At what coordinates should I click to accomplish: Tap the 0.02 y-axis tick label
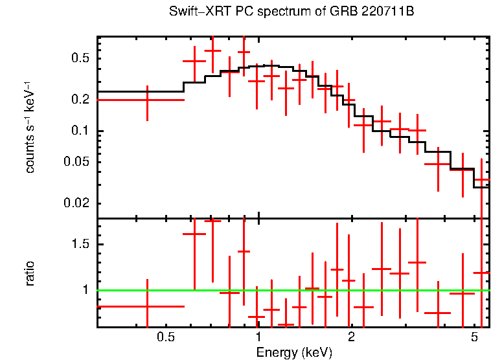(x=77, y=203)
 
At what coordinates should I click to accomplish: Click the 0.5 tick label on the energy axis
(x=166, y=338)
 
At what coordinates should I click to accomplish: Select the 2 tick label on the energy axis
(x=351, y=338)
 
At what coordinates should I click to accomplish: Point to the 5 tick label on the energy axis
(x=474, y=338)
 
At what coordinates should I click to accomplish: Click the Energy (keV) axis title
(x=294, y=353)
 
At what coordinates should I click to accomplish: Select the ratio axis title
(x=30, y=273)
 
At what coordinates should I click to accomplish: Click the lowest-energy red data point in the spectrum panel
(x=147, y=100)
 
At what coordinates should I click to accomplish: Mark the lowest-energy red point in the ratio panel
(x=147, y=306)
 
